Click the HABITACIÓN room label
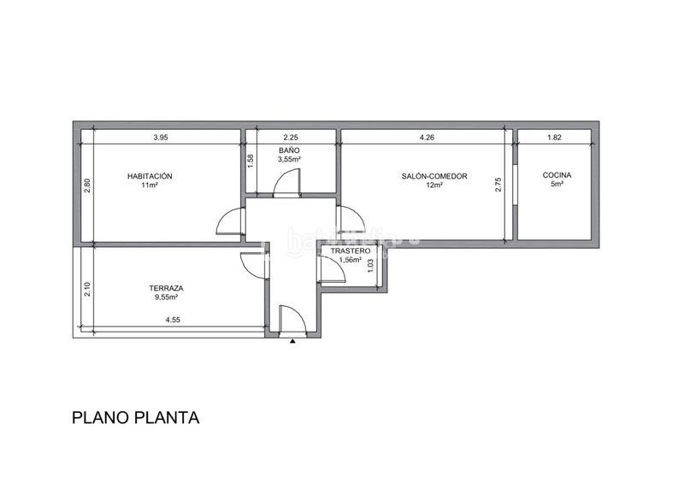click(x=150, y=176)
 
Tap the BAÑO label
click(x=289, y=150)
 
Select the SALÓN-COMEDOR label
click(x=434, y=176)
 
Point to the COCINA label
click(x=557, y=175)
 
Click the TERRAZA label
click(x=166, y=288)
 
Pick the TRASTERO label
click(x=351, y=250)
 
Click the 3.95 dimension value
click(x=161, y=138)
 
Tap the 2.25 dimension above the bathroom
click(x=291, y=138)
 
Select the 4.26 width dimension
click(x=427, y=138)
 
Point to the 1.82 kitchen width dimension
click(x=554, y=138)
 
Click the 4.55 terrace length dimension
click(x=173, y=320)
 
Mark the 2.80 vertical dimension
click(x=87, y=186)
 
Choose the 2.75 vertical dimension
click(x=498, y=184)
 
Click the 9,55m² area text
click(x=166, y=297)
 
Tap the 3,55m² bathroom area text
click(x=289, y=159)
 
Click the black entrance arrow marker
click(x=292, y=341)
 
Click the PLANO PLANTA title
click(x=136, y=418)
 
